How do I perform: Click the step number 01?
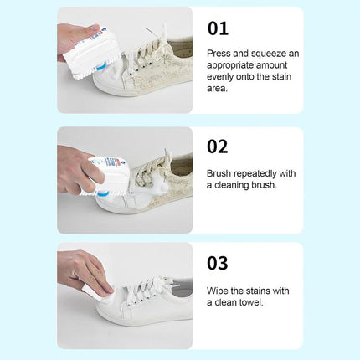point(218,28)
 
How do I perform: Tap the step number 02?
point(218,147)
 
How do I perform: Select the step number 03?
point(218,263)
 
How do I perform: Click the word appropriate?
point(230,65)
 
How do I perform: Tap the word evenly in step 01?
point(219,77)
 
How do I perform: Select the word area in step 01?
point(217,89)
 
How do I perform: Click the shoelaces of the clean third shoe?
point(149,287)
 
